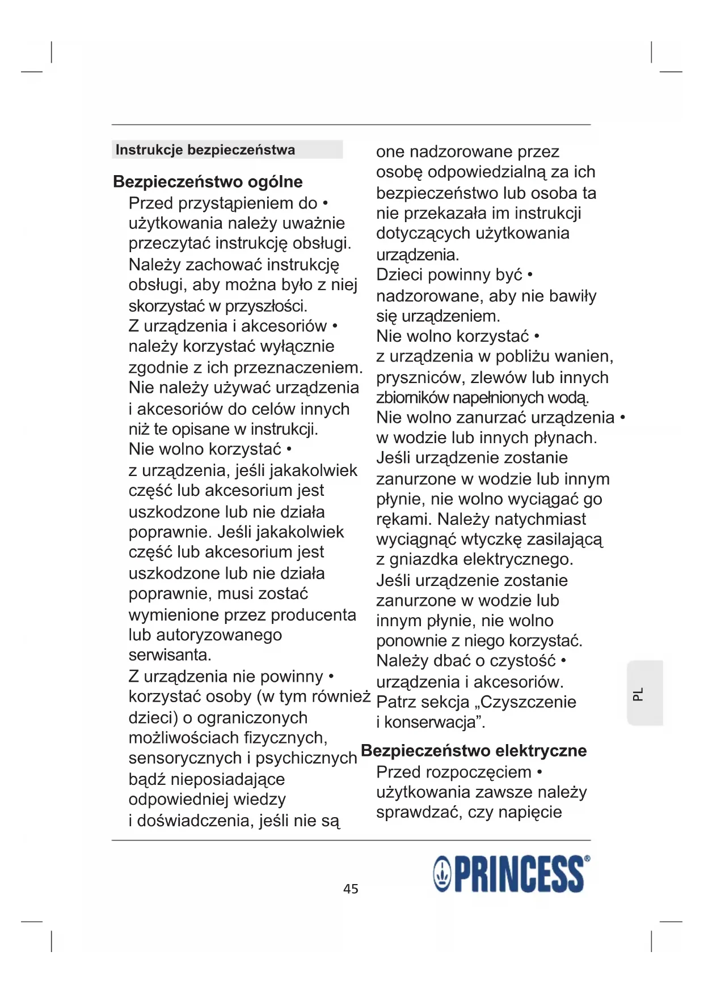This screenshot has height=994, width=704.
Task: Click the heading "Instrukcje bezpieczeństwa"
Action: coord(205,150)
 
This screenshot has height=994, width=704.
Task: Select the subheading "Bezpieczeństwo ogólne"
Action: coord(208,182)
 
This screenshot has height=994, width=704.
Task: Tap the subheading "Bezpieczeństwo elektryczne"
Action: coord(474,751)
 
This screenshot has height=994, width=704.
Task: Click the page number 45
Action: coord(351,889)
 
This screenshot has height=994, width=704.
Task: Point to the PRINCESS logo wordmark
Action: coord(518,874)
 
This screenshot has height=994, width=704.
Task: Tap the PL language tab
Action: coord(639,694)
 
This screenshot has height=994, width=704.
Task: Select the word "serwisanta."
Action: coord(170,655)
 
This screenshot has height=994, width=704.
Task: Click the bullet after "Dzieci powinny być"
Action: coord(530,275)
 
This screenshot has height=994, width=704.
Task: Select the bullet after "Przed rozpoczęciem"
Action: coord(539,772)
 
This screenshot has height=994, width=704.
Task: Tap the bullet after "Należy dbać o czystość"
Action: coord(563,661)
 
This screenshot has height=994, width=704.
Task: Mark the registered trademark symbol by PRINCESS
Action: coord(587,859)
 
